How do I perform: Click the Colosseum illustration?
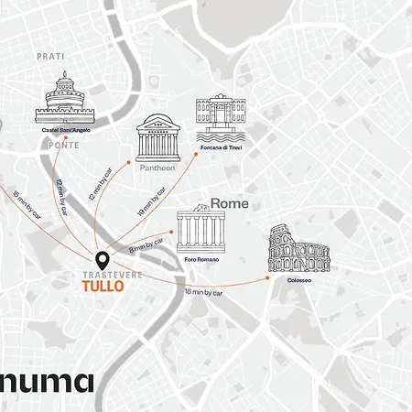(298, 249)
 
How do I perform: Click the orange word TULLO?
(103, 287)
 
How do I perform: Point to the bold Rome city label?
(230, 203)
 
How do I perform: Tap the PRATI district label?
(50, 57)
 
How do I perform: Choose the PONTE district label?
(64, 145)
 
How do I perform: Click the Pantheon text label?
(157, 168)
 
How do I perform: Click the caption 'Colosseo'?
(298, 280)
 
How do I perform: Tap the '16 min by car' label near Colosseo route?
(203, 292)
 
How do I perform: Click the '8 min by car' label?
(146, 244)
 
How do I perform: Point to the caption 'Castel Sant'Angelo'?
(65, 130)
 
